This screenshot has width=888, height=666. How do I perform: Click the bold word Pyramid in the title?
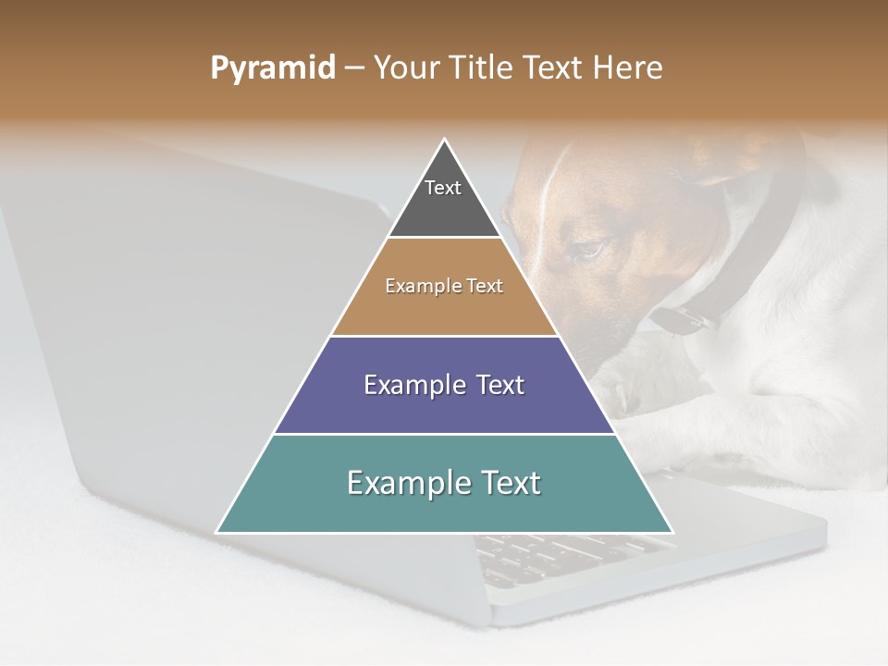(273, 68)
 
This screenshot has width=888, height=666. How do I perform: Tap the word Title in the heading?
(482, 68)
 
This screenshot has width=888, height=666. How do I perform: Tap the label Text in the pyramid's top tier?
(443, 188)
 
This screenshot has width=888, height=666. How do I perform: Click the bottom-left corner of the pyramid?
(217, 532)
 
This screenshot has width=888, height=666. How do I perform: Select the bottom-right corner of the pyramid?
(672, 532)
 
